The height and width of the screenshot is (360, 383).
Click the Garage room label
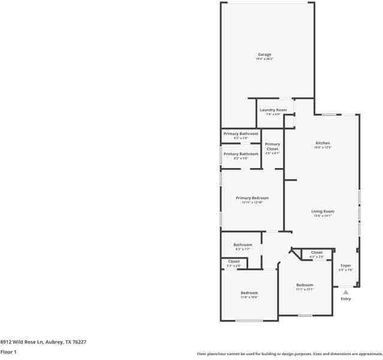coord(264,55)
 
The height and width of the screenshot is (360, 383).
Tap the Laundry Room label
coord(273,110)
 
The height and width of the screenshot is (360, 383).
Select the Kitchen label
coord(323,143)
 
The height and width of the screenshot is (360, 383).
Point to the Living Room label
coord(322,211)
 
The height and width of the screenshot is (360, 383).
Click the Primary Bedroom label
coord(252,198)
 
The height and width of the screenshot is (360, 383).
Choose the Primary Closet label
coord(273,146)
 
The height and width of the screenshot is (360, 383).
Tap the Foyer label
coord(346,265)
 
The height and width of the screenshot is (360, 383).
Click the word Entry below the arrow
coord(346,299)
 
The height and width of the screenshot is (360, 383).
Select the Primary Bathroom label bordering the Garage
coord(241,134)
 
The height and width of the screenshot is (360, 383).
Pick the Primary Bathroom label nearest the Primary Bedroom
coord(241,154)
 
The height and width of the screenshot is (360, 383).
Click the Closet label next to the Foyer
coord(316,253)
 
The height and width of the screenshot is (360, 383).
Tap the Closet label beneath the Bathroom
coord(234,262)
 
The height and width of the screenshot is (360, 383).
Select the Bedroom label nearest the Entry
coord(304,285)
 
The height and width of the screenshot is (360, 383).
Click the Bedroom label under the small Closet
coord(249,293)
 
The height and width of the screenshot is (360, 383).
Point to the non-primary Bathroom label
coord(243,245)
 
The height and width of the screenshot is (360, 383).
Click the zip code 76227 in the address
coord(78,341)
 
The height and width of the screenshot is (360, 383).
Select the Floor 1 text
coord(8,352)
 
